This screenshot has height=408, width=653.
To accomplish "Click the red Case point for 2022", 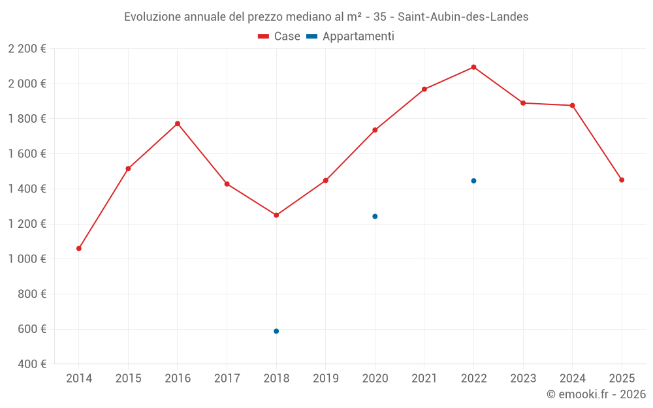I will point(473,67).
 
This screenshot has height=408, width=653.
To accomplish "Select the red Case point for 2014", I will point(79,248).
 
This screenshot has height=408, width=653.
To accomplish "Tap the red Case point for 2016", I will point(178,123).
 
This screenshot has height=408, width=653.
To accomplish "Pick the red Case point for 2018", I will point(276,215).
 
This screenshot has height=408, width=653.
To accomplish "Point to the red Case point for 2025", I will point(622,180).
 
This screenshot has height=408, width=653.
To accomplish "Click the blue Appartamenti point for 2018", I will point(276,331).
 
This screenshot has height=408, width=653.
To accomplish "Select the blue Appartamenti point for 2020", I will point(375,216).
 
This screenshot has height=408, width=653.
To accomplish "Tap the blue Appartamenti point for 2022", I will point(473,181).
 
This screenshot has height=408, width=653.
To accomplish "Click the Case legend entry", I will point(279,37).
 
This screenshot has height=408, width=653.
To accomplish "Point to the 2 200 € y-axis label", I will point(27,49).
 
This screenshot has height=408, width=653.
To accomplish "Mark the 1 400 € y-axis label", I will point(27,189).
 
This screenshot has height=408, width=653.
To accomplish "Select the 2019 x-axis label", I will point(325,379).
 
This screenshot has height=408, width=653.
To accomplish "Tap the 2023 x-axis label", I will point(523,379).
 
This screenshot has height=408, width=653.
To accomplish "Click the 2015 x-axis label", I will point(128,379).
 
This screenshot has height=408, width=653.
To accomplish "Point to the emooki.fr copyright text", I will point(596,394).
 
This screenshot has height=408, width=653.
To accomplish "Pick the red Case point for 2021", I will point(424,89).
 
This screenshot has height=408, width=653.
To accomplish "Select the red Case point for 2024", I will point(572,105).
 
